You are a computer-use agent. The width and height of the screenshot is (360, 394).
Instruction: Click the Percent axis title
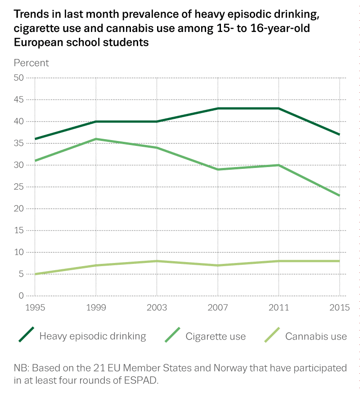pyautogui.click(x=31, y=63)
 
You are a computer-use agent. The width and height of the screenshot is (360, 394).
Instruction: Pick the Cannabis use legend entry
pyautogui.click(x=316, y=336)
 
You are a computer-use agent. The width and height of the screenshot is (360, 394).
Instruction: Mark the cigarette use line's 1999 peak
pyautogui.click(x=96, y=139)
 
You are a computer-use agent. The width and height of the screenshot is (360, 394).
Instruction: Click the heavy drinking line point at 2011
pyautogui.click(x=279, y=108)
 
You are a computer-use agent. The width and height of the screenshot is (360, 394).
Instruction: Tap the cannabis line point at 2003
pyautogui.click(x=157, y=261)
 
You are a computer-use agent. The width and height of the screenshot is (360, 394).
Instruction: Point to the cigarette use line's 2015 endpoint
pyautogui.click(x=339, y=195)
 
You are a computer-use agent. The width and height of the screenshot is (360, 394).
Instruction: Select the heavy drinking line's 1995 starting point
pyautogui.click(x=35, y=139)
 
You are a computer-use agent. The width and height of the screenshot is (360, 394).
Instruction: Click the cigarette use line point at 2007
pyautogui.click(x=217, y=169)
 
